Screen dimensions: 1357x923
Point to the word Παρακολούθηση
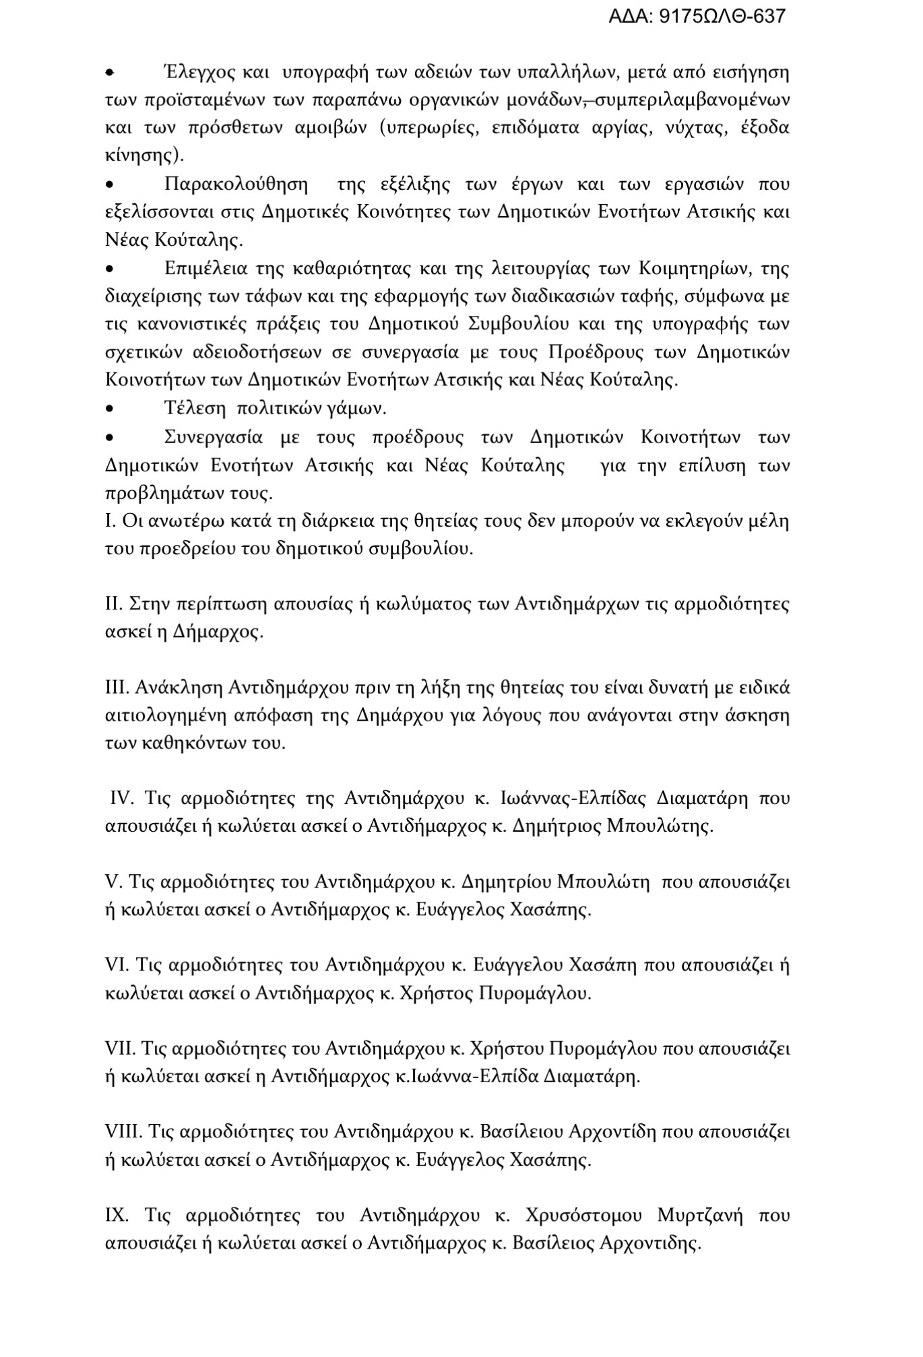[x=236, y=185]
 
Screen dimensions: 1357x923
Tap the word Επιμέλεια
[x=205, y=269]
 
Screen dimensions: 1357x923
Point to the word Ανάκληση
[x=179, y=688]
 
